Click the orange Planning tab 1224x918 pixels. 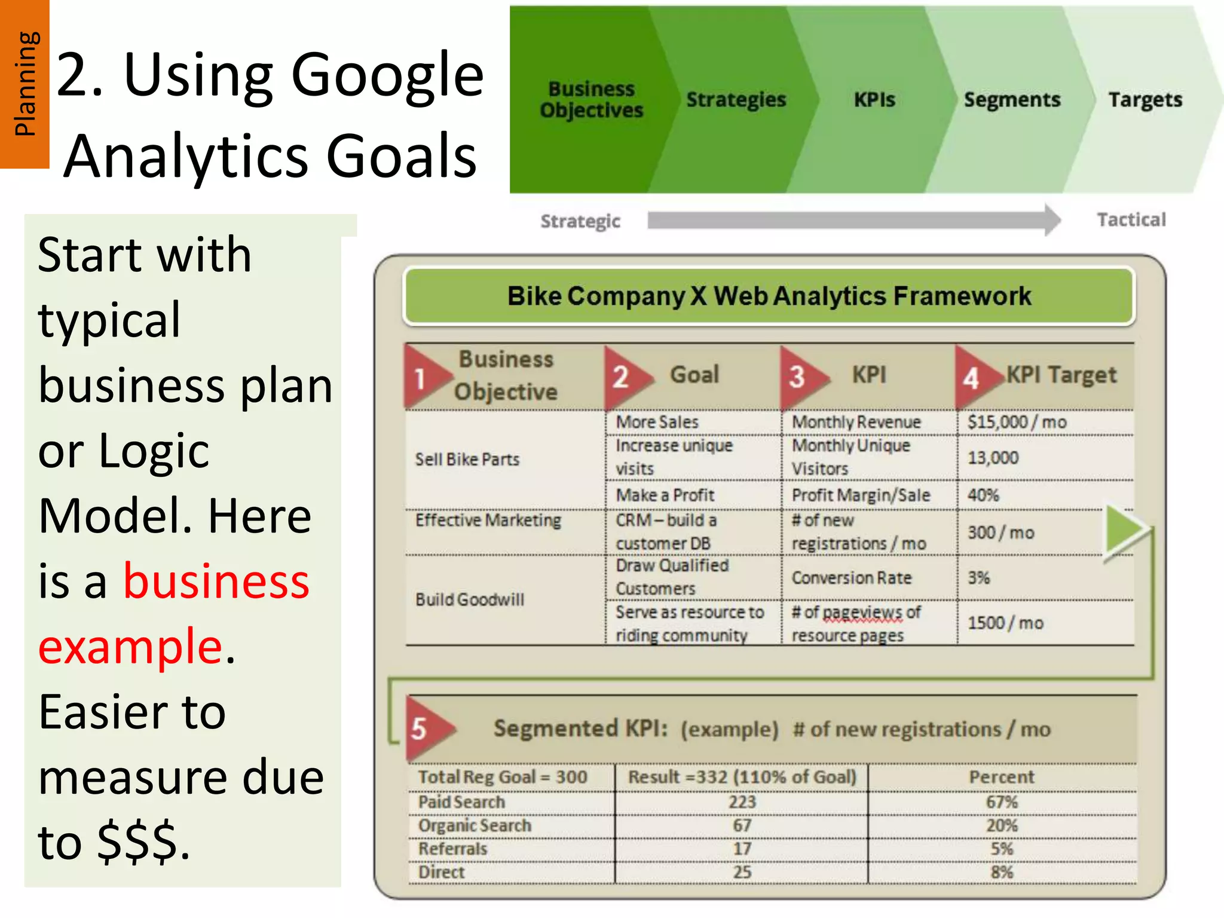25,84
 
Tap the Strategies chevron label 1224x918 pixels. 736,100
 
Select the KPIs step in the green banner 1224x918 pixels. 874,100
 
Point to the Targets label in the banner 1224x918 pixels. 1145,100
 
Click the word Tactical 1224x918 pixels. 1131,220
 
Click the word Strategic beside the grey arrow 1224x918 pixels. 580,221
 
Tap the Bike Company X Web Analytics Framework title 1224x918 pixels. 769,296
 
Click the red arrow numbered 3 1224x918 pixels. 801,377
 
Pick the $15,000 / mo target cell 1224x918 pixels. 1017,422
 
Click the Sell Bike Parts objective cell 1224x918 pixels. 467,459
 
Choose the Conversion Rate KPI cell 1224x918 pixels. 852,578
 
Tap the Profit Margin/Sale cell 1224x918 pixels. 861,495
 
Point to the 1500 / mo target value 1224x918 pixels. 1005,623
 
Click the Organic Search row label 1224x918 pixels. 475,825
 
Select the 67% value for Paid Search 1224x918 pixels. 1002,802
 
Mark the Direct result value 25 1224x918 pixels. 742,872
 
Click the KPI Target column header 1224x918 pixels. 1061,375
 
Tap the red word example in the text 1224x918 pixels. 130,646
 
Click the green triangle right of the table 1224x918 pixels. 1125,530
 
